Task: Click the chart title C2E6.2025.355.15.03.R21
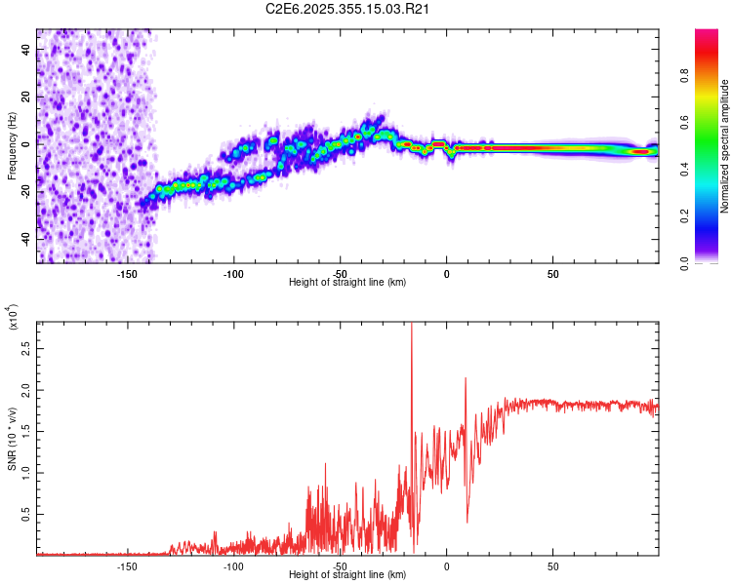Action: [348, 10]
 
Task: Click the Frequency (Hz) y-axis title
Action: [12, 146]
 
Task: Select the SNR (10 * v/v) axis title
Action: [12, 438]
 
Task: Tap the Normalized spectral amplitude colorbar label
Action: [725, 146]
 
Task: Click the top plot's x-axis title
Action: [348, 282]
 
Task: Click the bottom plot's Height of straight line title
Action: [348, 574]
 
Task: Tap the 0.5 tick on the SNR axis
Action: [23, 514]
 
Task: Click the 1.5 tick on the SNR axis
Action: [23, 431]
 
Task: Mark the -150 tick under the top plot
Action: [127, 274]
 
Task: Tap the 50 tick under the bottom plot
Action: [552, 566]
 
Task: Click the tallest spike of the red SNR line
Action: [411, 326]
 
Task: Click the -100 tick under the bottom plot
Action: [233, 566]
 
